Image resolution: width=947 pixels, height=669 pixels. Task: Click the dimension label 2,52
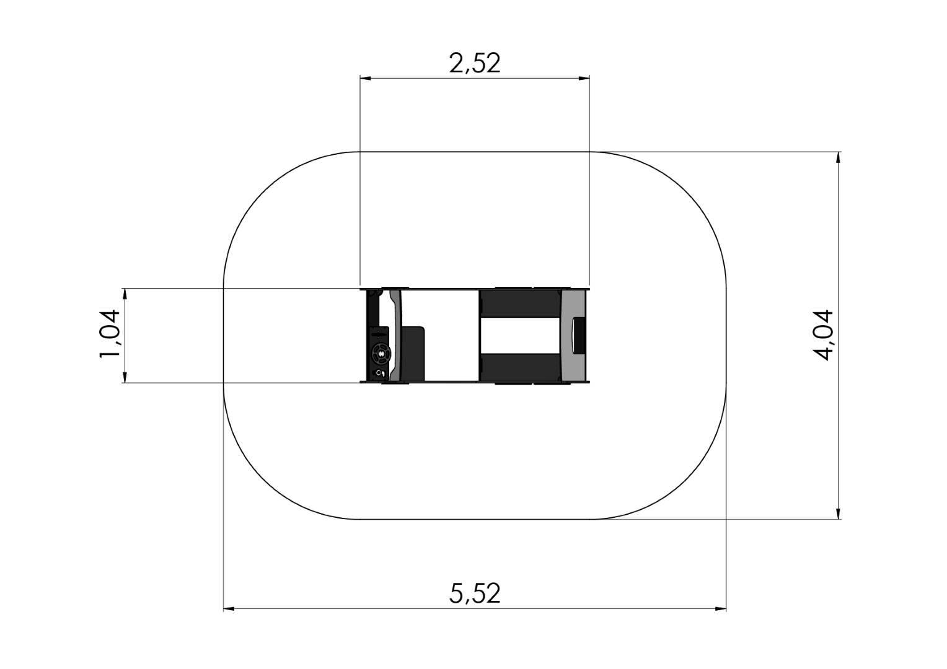[x=474, y=63]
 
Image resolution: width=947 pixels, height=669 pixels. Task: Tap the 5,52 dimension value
[x=475, y=593]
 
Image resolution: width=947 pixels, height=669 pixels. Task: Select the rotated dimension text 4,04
[x=823, y=335]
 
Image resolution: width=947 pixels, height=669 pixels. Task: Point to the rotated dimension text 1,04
[x=110, y=334]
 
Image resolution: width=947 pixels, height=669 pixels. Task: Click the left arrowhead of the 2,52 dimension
[x=366, y=78]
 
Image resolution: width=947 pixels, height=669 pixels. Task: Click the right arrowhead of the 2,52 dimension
[x=584, y=78]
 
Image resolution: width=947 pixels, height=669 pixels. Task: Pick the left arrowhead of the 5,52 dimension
[x=229, y=609]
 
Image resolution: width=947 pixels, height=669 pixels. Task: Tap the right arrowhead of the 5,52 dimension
[x=720, y=609]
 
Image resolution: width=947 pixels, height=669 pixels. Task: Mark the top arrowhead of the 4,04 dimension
[x=839, y=157]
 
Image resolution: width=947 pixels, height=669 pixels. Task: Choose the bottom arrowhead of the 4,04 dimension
[x=839, y=514]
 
